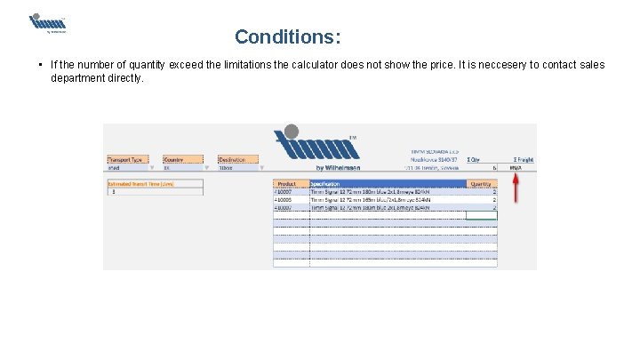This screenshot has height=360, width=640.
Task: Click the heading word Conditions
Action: (x=287, y=37)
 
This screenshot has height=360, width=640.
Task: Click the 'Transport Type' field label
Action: (x=125, y=159)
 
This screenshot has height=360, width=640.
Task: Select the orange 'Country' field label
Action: (x=173, y=159)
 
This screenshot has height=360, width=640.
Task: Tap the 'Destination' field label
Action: (x=232, y=159)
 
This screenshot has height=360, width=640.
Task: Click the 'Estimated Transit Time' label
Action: (x=140, y=183)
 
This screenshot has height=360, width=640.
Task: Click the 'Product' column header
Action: (x=288, y=184)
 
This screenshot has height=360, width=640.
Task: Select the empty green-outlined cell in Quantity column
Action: (x=481, y=215)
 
